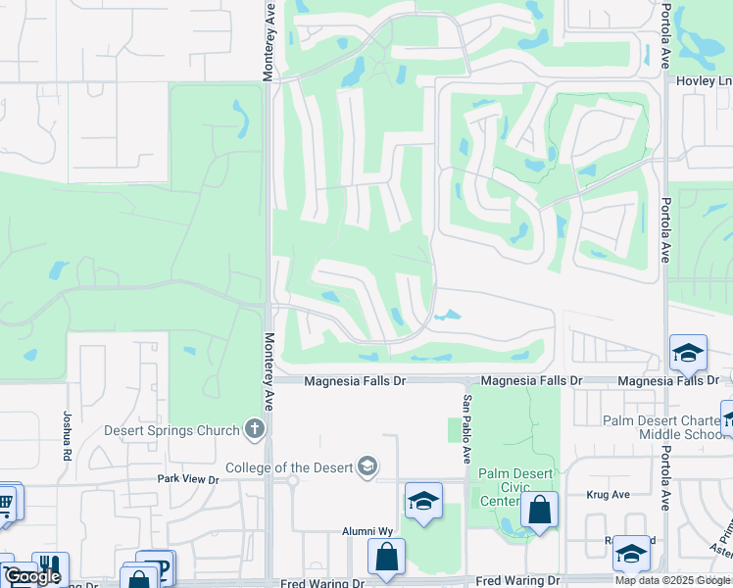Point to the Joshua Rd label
pos(68,436)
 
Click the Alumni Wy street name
pos(367,531)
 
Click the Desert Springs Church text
pos(172,430)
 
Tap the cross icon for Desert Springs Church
pos(255,428)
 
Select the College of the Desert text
pos(289,466)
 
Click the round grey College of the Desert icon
pos(366,465)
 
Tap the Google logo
pos(32,576)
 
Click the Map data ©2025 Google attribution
pos(672,580)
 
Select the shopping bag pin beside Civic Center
pos(539,510)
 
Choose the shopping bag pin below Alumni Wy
pos(386,556)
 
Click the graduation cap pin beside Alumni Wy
pos(422,501)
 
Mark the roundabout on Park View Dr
pos(291,480)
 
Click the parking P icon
pos(159,565)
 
